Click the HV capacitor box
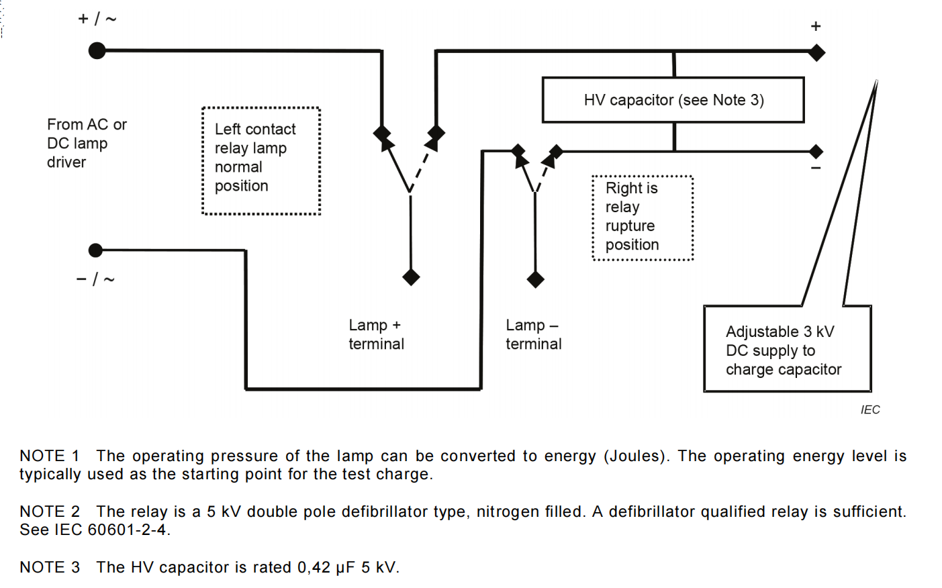pyautogui.click(x=673, y=100)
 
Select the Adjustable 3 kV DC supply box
pyautogui.click(x=787, y=349)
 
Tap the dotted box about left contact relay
pyautogui.click(x=261, y=160)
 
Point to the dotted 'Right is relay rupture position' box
pyautogui.click(x=643, y=217)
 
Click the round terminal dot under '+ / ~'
pyautogui.click(x=97, y=50)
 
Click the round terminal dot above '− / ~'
pyautogui.click(x=96, y=250)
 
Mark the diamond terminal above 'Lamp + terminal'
pyautogui.click(x=411, y=277)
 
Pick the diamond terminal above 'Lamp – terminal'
pyautogui.click(x=535, y=279)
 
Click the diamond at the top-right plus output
pyautogui.click(x=816, y=52)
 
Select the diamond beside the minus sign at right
pyautogui.click(x=816, y=151)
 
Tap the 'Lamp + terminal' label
pyautogui.click(x=376, y=334)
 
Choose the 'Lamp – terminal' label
pyautogui.click(x=533, y=334)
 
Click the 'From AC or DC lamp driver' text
pyautogui.click(x=86, y=143)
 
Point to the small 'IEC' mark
pyautogui.click(x=870, y=409)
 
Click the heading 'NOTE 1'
pyautogui.click(x=50, y=456)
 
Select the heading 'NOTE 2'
pyautogui.click(x=50, y=511)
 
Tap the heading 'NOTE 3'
pyautogui.click(x=50, y=567)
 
